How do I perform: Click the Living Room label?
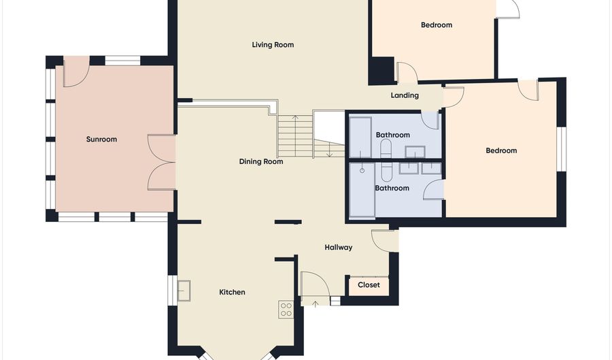(x=273, y=45)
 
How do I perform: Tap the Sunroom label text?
(x=101, y=140)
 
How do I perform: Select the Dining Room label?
(x=261, y=162)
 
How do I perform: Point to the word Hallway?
(x=338, y=248)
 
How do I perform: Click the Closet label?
(x=369, y=285)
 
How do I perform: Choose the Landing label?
(x=405, y=95)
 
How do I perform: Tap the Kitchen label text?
(x=232, y=292)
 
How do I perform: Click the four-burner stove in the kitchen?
(x=286, y=310)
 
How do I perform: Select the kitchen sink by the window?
(x=184, y=291)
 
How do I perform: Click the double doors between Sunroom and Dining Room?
(x=162, y=162)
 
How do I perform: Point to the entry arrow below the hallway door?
(x=314, y=302)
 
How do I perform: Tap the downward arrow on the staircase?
(x=330, y=150)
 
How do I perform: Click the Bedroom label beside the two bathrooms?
(x=501, y=151)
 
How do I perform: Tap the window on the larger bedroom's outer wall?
(x=561, y=148)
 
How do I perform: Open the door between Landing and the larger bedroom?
(x=453, y=96)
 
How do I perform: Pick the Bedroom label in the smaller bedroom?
(x=437, y=25)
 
